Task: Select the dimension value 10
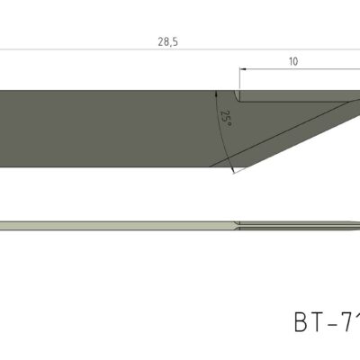292,61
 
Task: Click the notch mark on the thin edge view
236,224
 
